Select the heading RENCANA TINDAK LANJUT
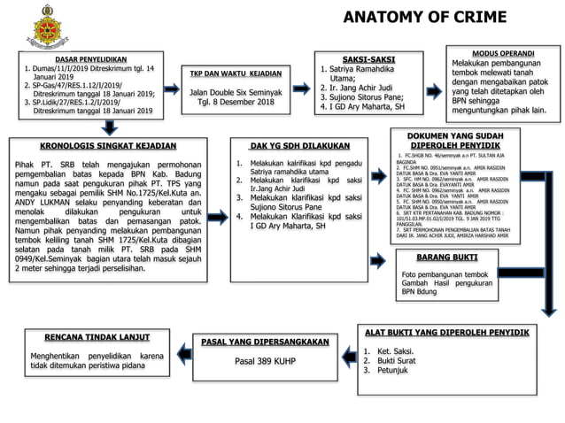click(x=83, y=337)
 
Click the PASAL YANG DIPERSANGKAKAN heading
click(x=259, y=341)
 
